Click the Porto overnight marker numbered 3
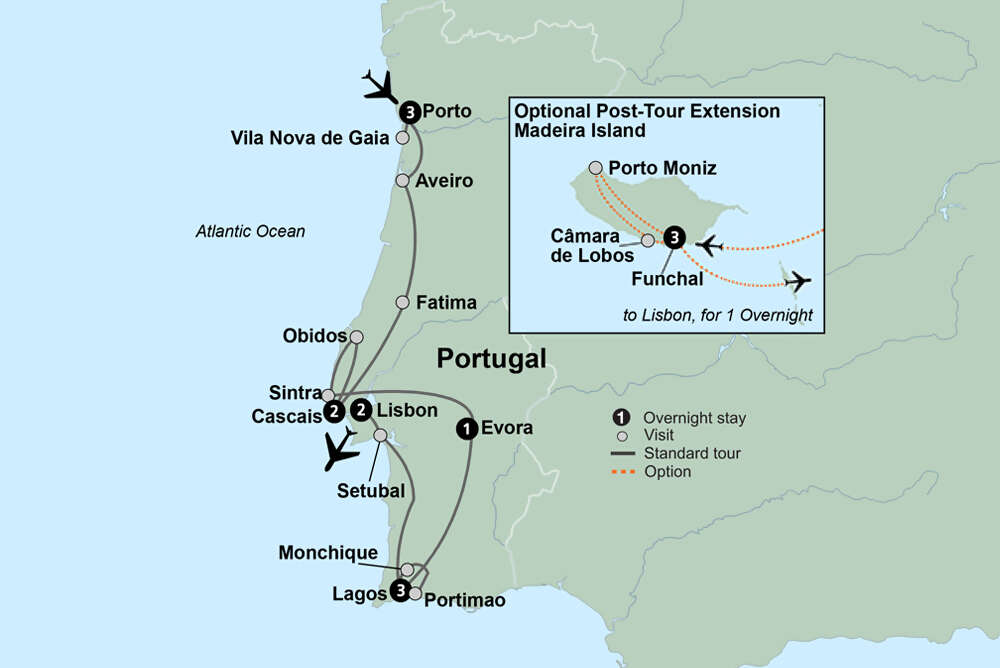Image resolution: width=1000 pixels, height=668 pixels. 410,111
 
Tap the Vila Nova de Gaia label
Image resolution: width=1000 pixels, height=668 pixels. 309,138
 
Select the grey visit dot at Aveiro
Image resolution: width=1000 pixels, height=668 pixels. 402,181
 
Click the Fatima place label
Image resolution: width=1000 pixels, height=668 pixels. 446,302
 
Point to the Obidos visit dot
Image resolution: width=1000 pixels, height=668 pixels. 356,337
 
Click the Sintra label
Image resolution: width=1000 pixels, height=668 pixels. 293,394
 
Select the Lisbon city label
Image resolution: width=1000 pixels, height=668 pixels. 407,410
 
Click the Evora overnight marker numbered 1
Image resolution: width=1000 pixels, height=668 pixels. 465,429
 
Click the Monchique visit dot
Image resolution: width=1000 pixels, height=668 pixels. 407,569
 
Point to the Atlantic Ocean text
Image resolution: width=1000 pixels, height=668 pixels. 250,232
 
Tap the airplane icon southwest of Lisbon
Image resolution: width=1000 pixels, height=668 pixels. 341,450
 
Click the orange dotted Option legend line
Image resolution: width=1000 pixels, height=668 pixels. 624,471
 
